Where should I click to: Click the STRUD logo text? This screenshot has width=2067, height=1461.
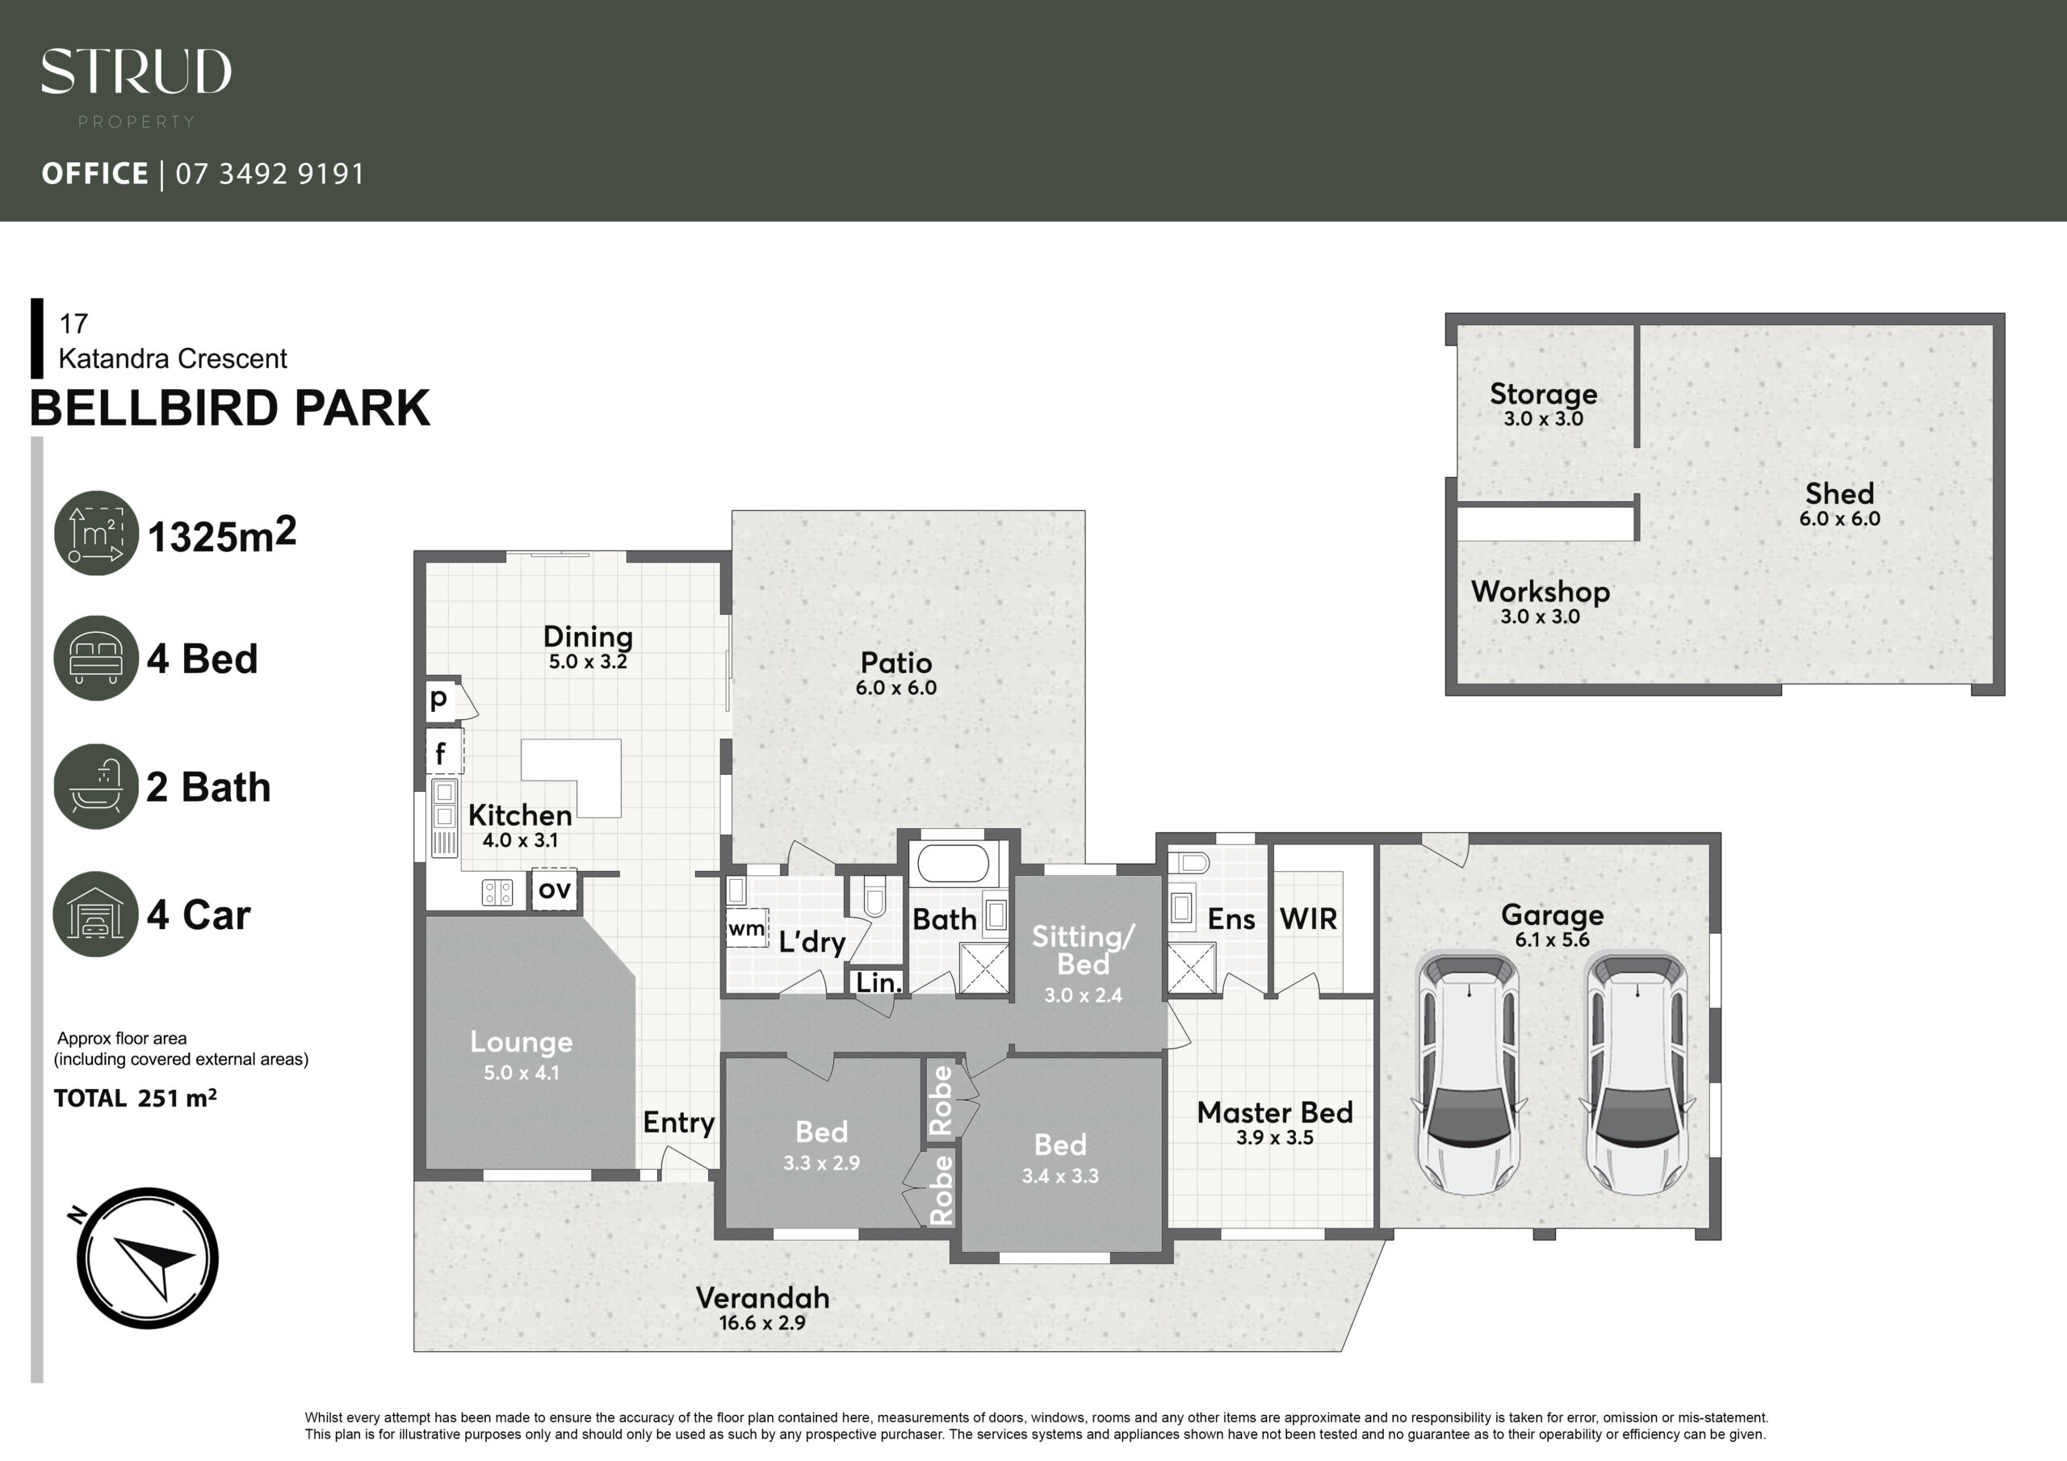click(136, 72)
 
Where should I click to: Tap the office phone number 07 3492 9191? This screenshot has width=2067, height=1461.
click(270, 174)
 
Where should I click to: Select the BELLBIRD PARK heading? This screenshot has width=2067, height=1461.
click(229, 408)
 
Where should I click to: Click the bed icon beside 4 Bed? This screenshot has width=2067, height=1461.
click(96, 657)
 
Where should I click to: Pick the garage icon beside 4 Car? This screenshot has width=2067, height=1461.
click(96, 914)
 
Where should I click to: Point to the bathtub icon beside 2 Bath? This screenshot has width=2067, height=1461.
click(96, 786)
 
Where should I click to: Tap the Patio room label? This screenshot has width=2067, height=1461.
click(895, 663)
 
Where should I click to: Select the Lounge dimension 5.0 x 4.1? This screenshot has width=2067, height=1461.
click(522, 1073)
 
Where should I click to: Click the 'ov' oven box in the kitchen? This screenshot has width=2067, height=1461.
click(554, 890)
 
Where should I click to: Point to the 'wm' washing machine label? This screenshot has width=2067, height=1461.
click(746, 928)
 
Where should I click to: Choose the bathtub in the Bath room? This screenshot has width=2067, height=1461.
click(953, 864)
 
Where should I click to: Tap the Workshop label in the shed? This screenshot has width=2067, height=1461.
click(1541, 592)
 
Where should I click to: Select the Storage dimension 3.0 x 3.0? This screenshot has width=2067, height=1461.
click(1543, 419)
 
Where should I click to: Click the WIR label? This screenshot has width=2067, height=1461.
click(1308, 919)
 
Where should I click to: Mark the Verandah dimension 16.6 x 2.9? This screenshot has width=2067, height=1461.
click(761, 1323)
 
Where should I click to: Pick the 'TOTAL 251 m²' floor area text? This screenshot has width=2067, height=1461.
click(135, 1099)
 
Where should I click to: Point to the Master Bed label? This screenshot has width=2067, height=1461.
click(1275, 1112)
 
